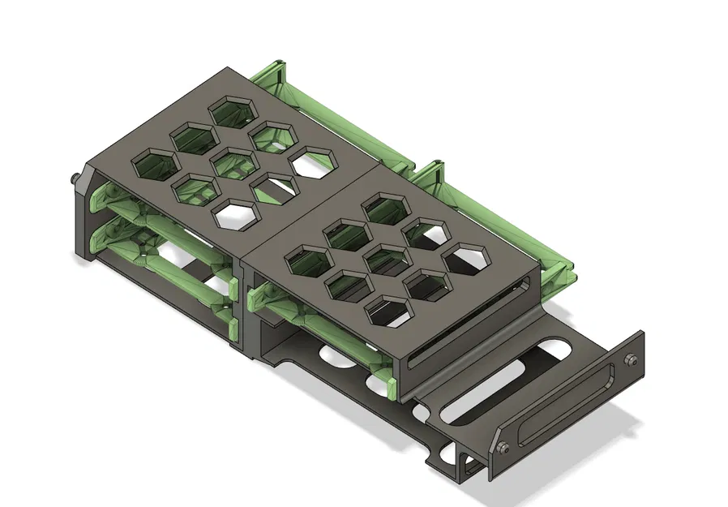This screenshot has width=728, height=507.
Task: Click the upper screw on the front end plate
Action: coord(631,360)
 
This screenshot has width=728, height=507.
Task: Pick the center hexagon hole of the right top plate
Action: coord(386,260)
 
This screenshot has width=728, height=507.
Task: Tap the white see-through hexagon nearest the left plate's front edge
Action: coord(234,215)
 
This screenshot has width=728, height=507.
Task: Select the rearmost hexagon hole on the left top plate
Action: coord(233,110)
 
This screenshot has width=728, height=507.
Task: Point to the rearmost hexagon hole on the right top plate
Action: coord(385,208)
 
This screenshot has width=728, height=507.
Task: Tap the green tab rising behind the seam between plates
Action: coord(431,170)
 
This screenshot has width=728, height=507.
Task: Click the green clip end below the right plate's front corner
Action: coord(392,388)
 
